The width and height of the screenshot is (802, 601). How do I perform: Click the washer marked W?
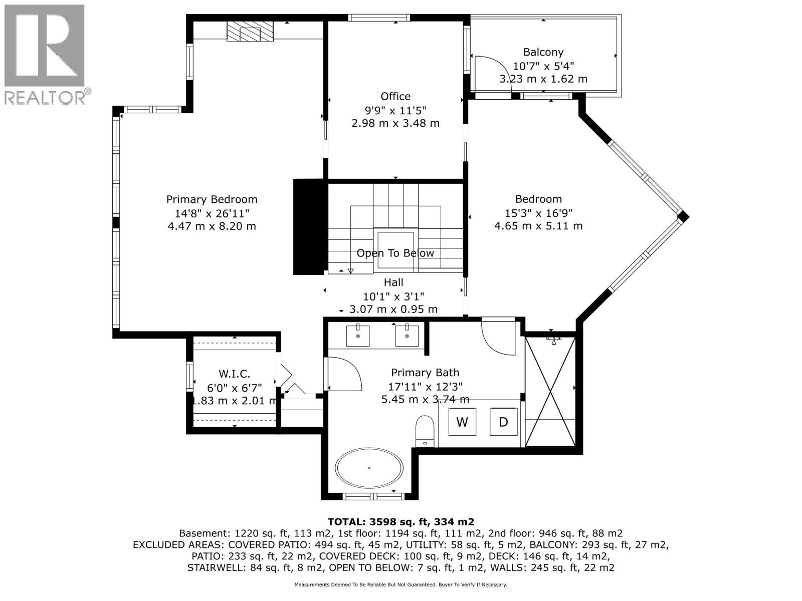tap(462, 422)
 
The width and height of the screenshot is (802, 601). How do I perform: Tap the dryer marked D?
tap(503, 422)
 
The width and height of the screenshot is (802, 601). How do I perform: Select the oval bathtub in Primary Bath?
tap(369, 468)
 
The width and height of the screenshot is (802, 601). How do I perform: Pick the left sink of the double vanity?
tap(358, 336)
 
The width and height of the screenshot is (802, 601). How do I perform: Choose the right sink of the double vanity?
tap(407, 336)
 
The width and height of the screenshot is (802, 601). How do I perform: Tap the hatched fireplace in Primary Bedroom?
tap(250, 32)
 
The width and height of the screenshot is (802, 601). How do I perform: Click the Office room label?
tap(395, 96)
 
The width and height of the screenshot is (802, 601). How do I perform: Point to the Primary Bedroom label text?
tap(212, 199)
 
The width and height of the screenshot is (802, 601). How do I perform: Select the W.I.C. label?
tap(234, 374)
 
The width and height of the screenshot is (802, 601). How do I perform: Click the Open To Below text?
tap(395, 253)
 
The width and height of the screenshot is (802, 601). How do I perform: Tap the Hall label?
tap(393, 282)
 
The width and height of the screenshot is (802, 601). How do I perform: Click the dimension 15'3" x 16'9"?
tap(538, 212)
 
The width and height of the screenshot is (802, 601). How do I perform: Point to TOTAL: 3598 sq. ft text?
tap(400, 522)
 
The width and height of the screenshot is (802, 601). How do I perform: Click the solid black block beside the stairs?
tap(308, 226)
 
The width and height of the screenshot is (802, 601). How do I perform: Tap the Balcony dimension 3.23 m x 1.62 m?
tap(543, 79)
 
